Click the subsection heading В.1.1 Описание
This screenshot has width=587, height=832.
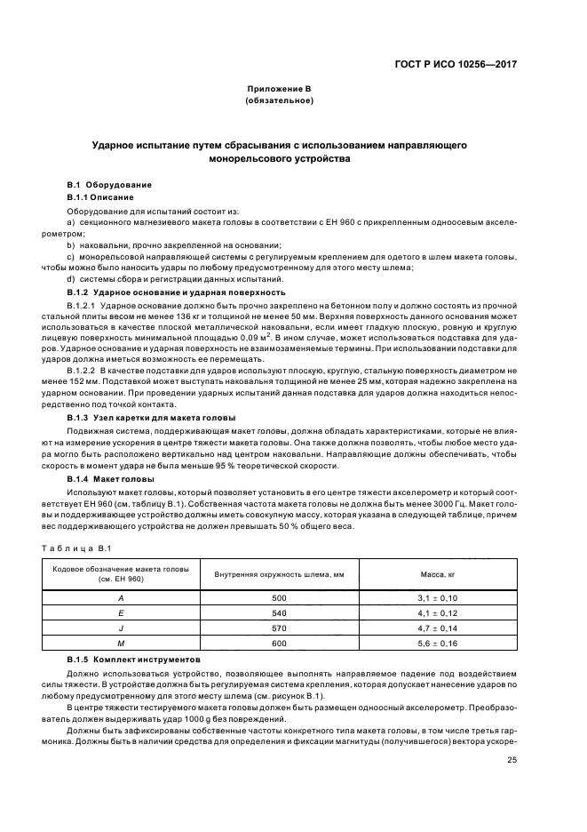click(x=100, y=196)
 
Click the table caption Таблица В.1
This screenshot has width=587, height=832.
click(x=76, y=548)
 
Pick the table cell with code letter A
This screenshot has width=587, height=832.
click(x=121, y=599)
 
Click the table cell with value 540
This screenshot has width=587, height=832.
click(x=279, y=613)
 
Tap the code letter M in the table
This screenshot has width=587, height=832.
click(x=121, y=643)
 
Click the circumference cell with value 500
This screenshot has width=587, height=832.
click(x=279, y=599)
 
